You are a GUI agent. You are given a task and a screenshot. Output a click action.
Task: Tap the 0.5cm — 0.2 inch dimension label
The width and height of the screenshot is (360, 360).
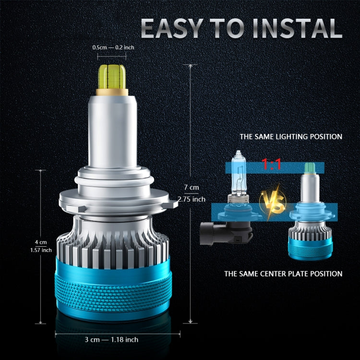coord(113,48)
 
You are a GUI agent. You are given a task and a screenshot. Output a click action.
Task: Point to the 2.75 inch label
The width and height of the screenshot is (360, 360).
coord(191,199)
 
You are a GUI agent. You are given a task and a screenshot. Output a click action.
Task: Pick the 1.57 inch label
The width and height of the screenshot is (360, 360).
coord(40,250)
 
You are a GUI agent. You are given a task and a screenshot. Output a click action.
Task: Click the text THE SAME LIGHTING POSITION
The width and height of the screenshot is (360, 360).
coord(291,137)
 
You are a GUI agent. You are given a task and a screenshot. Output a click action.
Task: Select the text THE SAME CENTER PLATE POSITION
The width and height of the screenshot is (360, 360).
coord(283,274)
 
